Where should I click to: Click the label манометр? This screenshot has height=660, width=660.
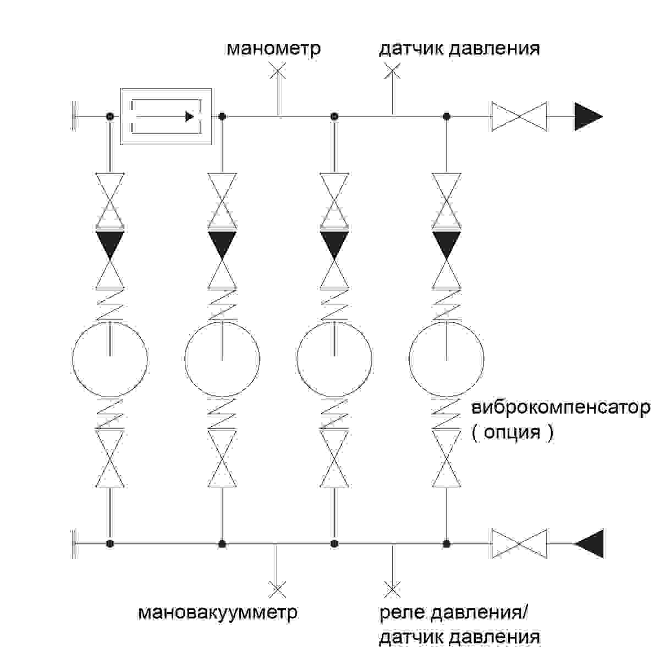pos(273,48)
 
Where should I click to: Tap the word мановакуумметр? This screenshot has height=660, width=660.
pos(218,612)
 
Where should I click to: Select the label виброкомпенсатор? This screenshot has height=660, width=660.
pos(560,409)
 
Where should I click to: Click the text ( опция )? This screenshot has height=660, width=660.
pos(512,432)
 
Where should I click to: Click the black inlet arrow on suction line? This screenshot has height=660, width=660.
pos(590,543)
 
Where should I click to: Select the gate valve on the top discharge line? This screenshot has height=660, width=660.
pos(519,117)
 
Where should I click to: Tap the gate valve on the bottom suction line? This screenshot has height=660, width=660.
pos(519,543)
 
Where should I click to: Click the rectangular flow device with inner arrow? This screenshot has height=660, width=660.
pos(166,117)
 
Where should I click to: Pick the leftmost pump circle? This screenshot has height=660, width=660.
pos(110,360)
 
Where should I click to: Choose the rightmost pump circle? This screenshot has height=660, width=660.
pos(447,360)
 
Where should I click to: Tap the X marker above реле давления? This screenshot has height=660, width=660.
pos(392,590)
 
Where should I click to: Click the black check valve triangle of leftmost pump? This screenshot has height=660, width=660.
pos(110,243)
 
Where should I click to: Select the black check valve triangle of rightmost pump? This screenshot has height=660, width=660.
pos(447,243)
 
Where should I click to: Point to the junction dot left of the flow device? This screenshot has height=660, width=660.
pos(110,117)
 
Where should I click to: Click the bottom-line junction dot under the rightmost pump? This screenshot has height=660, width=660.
pos(447,543)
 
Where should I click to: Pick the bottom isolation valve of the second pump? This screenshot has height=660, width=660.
pos(222,459)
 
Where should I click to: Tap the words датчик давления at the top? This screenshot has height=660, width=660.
pos(459,48)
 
